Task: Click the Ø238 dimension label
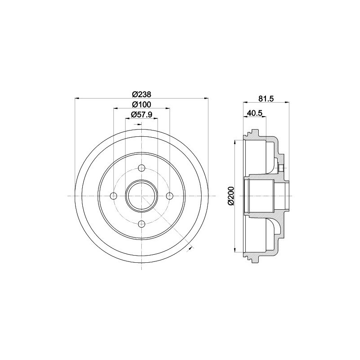(x=142, y=94)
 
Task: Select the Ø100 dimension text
(x=142, y=104)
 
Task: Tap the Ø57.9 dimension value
(x=142, y=115)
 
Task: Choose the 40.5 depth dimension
(x=255, y=113)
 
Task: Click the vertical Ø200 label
(x=231, y=196)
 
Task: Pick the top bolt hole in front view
(x=142, y=168)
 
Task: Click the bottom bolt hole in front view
(x=142, y=224)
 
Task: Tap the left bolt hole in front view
(x=114, y=196)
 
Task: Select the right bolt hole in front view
(x=170, y=196)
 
